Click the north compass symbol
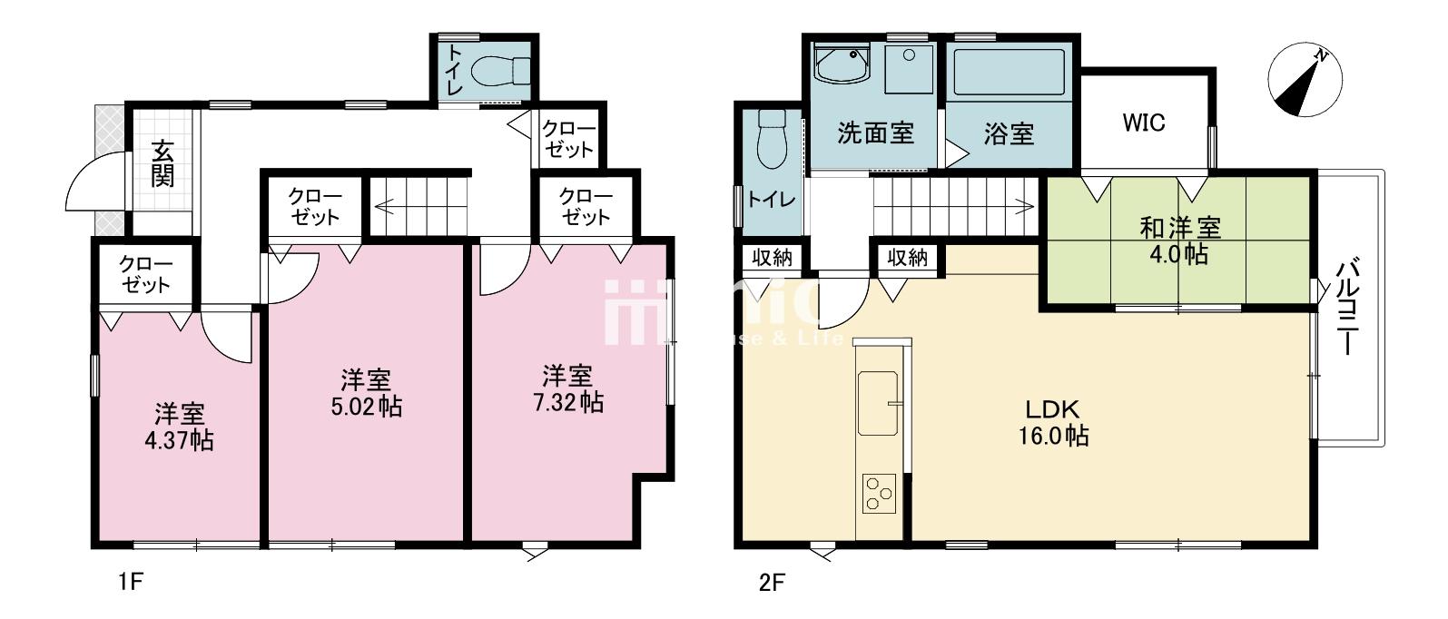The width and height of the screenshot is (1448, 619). point(1305,80)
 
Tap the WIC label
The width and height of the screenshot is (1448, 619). point(1144,123)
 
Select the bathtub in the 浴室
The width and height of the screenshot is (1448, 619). point(1009,73)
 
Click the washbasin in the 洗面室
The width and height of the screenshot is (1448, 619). point(842,64)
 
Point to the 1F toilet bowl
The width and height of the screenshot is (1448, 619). point(501,71)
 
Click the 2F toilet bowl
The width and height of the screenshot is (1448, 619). point(771,139)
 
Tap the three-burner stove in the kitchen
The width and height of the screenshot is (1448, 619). point(879,494)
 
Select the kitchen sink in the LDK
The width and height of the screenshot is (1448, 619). point(878,403)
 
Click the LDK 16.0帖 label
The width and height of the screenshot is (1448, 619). point(1054,423)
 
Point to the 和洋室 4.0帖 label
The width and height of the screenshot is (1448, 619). point(1179,241)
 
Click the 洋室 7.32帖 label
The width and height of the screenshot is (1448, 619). point(568,389)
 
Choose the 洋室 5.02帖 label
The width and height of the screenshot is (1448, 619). point(367,393)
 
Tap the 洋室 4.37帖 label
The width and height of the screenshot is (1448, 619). point(179,427)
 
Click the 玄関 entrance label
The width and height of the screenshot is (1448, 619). point(163,163)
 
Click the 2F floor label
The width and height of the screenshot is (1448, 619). point(771,583)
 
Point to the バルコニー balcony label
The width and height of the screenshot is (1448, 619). point(1348,307)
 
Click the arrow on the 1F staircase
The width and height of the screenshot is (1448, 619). point(420,208)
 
